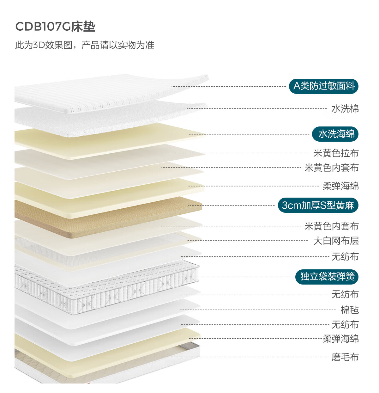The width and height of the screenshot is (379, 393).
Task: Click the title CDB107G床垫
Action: (55, 27)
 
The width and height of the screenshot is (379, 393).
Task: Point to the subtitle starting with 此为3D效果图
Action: (85, 45)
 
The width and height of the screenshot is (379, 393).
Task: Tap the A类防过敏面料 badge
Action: (324, 86)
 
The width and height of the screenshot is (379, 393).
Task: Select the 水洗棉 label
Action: (345, 109)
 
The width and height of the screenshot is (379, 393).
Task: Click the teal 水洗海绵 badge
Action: (335, 134)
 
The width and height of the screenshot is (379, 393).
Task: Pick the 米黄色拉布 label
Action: (336, 153)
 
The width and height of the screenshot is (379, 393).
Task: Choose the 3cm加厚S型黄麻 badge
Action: (318, 206)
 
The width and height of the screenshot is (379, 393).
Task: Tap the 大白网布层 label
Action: (336, 241)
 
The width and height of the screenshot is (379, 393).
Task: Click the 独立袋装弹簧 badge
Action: (327, 277)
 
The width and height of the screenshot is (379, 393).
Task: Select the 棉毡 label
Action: (350, 310)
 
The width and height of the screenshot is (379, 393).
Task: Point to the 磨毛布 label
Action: (345, 357)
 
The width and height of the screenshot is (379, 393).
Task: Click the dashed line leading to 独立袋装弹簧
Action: (221, 277)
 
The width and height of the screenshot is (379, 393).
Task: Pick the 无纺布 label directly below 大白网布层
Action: (345, 256)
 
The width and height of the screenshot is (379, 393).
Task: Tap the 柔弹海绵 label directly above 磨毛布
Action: (340, 339)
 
